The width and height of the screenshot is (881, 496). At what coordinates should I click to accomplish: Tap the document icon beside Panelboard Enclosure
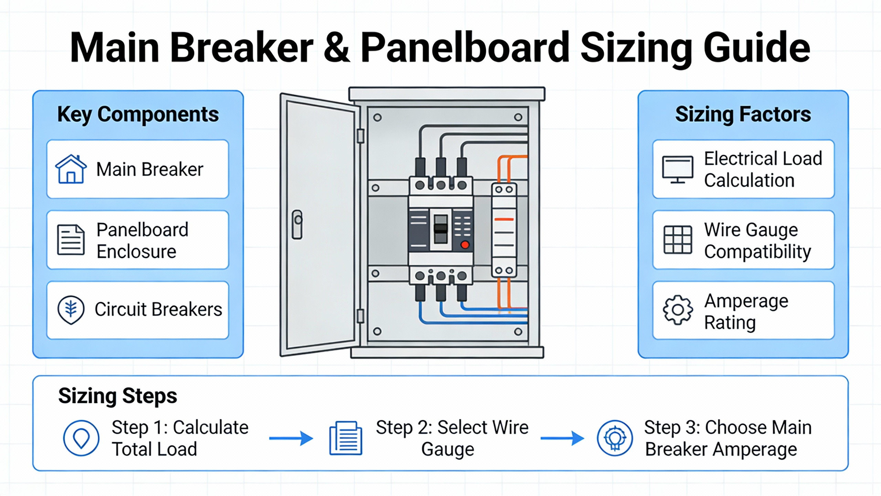[x=71, y=240]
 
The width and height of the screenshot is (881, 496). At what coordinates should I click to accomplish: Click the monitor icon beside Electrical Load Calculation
[x=678, y=169]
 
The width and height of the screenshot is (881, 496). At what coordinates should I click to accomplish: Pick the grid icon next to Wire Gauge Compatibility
[x=678, y=240]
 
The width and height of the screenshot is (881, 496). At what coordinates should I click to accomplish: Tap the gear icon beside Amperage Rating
[x=678, y=310]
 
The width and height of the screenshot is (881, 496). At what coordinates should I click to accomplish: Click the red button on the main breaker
[x=465, y=245]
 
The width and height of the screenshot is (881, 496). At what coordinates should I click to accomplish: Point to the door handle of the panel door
[x=297, y=225]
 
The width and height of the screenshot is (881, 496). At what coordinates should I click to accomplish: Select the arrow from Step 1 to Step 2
[x=291, y=438]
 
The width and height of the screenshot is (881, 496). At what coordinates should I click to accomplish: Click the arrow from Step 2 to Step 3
[x=562, y=438]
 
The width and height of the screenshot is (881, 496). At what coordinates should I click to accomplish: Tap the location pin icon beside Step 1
[x=81, y=438]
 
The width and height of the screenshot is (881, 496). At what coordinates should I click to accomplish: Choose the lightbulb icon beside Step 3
[x=615, y=438]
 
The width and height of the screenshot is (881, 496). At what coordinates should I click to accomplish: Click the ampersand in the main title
[x=337, y=48]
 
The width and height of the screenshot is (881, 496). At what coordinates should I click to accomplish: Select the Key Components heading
[x=138, y=114]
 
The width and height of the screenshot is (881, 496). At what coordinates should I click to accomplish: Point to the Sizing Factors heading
[x=743, y=114]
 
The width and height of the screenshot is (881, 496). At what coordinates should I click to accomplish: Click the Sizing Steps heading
[x=118, y=396]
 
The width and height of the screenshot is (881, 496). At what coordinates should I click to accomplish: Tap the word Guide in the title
[x=757, y=48]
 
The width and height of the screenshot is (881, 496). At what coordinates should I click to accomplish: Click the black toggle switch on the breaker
[x=441, y=229]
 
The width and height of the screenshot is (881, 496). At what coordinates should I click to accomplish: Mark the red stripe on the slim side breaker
[x=504, y=219]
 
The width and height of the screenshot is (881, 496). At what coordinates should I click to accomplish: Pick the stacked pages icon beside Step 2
[x=346, y=438]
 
